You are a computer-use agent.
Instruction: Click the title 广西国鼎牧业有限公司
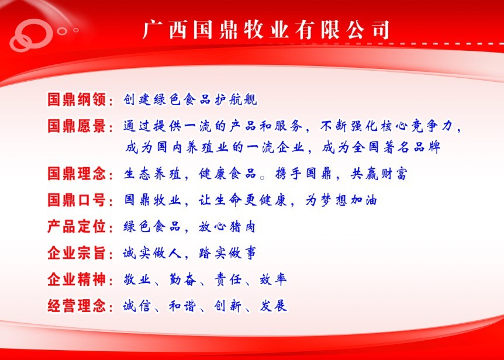click(266, 30)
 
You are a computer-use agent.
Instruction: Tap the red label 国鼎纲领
click(77, 99)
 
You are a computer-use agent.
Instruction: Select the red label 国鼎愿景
click(77, 126)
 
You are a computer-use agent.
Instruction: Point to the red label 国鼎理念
click(77, 174)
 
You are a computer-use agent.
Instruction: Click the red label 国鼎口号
click(77, 200)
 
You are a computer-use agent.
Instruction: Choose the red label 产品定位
click(77, 226)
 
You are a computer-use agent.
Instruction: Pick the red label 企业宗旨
click(77, 253)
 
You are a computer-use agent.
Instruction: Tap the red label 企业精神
click(77, 279)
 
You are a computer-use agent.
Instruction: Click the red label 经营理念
click(77, 306)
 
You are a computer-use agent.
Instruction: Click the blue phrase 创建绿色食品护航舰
click(190, 99)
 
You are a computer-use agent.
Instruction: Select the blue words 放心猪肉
click(227, 227)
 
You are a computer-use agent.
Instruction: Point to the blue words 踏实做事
click(227, 254)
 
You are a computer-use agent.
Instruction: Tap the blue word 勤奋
click(182, 280)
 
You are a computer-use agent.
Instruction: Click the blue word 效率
click(273, 280)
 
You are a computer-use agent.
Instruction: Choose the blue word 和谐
click(182, 306)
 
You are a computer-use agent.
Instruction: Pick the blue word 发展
click(273, 306)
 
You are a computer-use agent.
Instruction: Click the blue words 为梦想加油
click(341, 200)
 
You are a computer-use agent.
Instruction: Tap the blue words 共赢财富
click(379, 174)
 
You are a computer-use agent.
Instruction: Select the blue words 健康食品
click(227, 174)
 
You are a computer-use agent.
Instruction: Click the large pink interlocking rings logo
click(31, 35)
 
